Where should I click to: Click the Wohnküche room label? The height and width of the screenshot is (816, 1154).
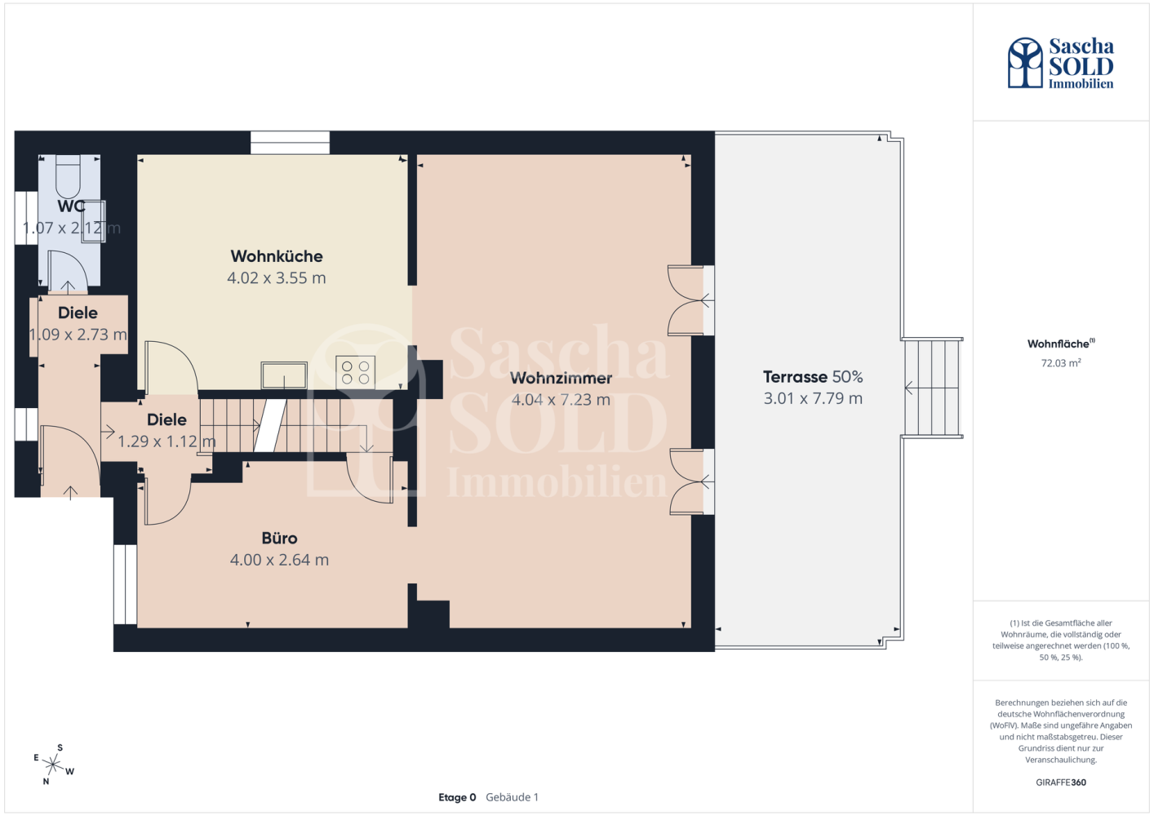point(277,256)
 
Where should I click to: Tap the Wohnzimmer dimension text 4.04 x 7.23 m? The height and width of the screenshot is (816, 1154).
point(561,399)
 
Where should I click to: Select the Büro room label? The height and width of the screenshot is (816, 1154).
point(279,538)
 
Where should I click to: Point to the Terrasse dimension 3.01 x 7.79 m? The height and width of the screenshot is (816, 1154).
point(812,398)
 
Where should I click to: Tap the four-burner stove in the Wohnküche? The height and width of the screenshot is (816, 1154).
point(356,372)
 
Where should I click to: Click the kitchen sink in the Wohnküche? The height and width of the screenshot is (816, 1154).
point(284,375)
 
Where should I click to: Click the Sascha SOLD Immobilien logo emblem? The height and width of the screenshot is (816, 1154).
point(1025,62)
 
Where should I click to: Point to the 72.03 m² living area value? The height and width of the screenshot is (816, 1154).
point(1061,362)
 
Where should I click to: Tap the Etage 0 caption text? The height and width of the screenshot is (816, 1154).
point(457,797)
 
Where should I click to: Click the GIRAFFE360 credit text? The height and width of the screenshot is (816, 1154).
point(1061,782)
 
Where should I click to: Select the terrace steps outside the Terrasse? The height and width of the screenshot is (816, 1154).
point(933,388)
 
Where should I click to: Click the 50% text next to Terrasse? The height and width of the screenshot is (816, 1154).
point(847,376)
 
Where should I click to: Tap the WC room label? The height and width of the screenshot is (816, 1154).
point(72,206)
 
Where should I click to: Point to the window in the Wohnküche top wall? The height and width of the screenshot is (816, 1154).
point(290,143)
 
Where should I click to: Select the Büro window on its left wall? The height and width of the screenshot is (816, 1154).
point(125,584)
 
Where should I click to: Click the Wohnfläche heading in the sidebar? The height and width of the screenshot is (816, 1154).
point(1061,344)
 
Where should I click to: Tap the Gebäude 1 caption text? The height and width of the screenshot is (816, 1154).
point(512,797)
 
